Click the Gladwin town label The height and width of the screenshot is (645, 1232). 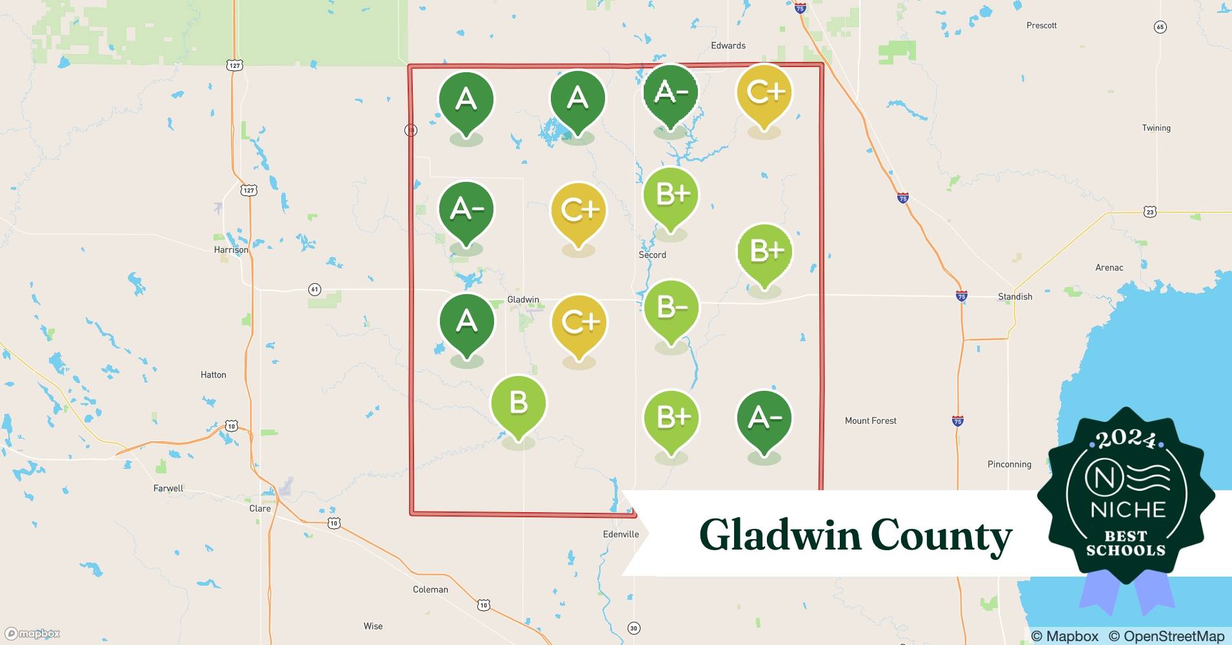point(523,299)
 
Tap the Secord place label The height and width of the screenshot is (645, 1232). point(652,255)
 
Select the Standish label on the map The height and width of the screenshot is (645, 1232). point(1015,297)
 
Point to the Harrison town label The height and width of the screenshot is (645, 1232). point(231,250)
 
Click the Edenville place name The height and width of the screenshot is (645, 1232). point(621,534)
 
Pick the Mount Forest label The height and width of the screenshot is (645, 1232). point(870,421)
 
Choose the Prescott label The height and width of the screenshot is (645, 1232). point(1041,25)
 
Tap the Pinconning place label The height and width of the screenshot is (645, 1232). point(1009,464)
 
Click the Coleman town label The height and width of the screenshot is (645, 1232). point(430,590)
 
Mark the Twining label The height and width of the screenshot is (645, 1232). point(1156,128)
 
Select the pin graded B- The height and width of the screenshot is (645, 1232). point(671,310)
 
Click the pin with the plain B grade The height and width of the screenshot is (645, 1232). point(519,404)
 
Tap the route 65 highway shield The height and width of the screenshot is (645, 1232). point(1160,27)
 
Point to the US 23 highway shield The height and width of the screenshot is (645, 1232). point(1150,212)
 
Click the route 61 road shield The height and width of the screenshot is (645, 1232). point(315,290)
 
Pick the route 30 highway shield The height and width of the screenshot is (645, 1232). point(633,628)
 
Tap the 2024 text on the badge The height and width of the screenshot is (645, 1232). point(1126,440)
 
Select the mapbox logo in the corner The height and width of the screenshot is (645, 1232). point(32,633)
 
